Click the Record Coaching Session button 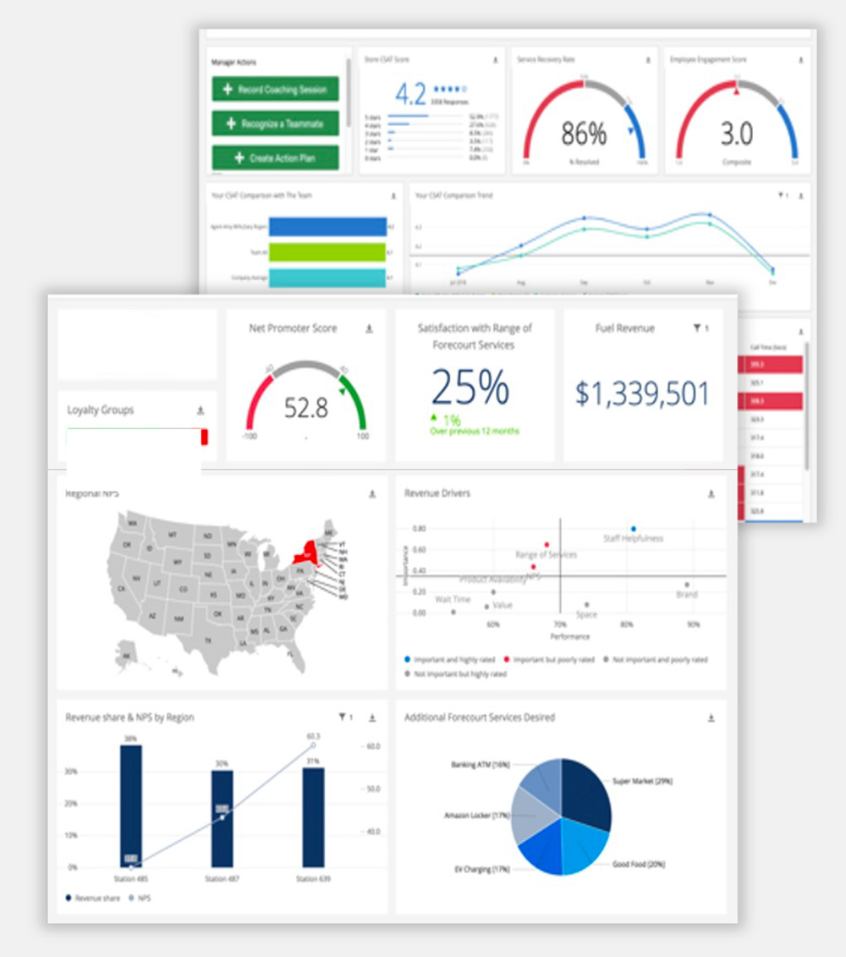pyautogui.click(x=275, y=89)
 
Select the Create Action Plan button pyautogui.click(x=275, y=157)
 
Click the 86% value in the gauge pyautogui.click(x=584, y=133)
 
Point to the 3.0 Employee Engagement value pyautogui.click(x=736, y=133)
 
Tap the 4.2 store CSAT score pyautogui.click(x=410, y=92)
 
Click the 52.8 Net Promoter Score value pyautogui.click(x=305, y=409)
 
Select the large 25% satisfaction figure pyautogui.click(x=470, y=388)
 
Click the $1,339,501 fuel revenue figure pyautogui.click(x=643, y=393)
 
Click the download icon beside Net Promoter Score pyautogui.click(x=369, y=328)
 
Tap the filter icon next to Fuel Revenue pyautogui.click(x=696, y=328)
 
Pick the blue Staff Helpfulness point pyautogui.click(x=633, y=529)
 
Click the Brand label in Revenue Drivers pyautogui.click(x=686, y=595)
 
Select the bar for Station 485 pyautogui.click(x=131, y=806)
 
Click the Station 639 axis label pyautogui.click(x=313, y=879)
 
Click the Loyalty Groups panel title pyautogui.click(x=101, y=410)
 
